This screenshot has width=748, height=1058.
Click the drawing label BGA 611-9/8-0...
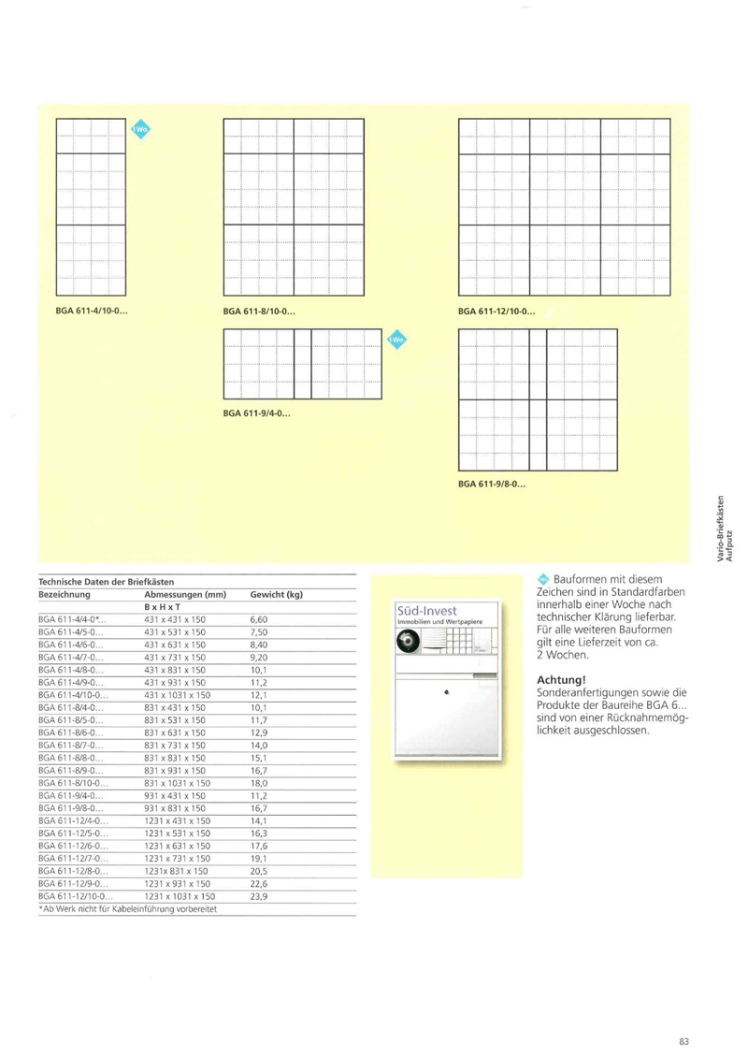(493, 485)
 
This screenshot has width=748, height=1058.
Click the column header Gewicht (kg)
(277, 594)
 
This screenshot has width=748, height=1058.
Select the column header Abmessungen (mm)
(186, 594)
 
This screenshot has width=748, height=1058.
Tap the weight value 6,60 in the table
(261, 619)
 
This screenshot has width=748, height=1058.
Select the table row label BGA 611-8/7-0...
(72, 745)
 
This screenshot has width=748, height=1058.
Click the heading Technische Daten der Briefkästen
(107, 582)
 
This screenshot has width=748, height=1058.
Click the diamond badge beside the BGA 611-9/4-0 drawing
(396, 340)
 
